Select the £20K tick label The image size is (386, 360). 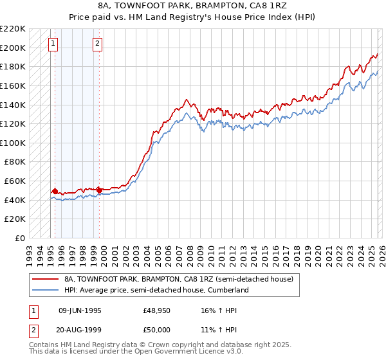(15, 219)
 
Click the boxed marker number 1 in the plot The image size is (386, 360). (52, 44)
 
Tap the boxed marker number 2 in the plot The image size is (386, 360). (97, 44)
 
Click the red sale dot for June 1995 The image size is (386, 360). (55, 191)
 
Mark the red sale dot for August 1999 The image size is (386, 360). (100, 190)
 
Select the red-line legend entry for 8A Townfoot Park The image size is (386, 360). (179, 279)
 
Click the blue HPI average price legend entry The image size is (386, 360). (156, 290)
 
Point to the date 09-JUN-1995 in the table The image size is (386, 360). (80, 310)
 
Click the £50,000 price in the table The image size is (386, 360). (156, 329)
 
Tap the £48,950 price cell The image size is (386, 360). (156, 310)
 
